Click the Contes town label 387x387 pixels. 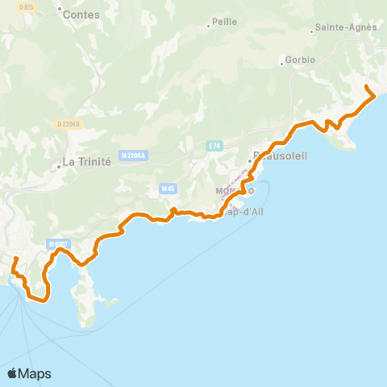click(81, 15)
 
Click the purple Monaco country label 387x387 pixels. click(235, 190)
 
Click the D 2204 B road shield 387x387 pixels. click(69, 123)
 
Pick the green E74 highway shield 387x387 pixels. click(214, 146)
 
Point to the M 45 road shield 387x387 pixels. click(168, 189)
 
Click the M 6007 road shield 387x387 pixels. click(57, 244)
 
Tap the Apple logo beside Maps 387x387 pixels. click(12, 373)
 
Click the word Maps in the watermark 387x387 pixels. click(35, 374)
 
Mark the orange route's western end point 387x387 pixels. click(16, 259)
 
